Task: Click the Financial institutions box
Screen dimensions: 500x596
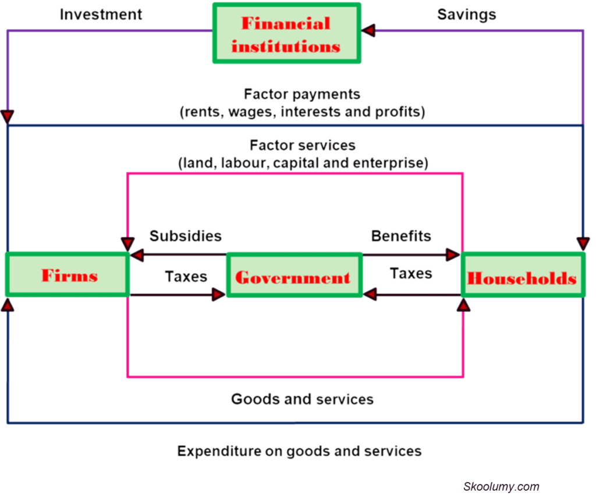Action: (x=286, y=33)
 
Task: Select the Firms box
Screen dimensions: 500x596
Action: (x=68, y=275)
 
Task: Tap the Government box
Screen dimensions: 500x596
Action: (x=293, y=276)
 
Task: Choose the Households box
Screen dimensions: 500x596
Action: (x=522, y=277)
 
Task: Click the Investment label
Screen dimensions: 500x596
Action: (x=101, y=15)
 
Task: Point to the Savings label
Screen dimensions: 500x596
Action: (x=467, y=15)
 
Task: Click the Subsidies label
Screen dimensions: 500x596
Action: (x=186, y=235)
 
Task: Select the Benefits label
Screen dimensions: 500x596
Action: (x=402, y=235)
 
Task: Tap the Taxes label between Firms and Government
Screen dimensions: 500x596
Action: (x=186, y=276)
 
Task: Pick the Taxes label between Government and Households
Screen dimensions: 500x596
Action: (x=411, y=273)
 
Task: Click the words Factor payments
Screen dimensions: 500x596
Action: (x=302, y=94)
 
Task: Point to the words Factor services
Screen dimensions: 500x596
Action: (x=303, y=145)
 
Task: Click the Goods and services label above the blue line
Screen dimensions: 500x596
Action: (x=302, y=399)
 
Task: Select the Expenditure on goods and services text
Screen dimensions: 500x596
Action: (x=299, y=451)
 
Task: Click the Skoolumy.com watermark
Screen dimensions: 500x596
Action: (x=501, y=487)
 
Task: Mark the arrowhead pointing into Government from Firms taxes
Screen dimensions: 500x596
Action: (x=219, y=295)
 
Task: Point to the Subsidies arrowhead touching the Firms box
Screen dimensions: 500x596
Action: (x=137, y=255)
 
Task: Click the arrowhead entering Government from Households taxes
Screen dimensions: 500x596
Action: (x=369, y=295)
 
